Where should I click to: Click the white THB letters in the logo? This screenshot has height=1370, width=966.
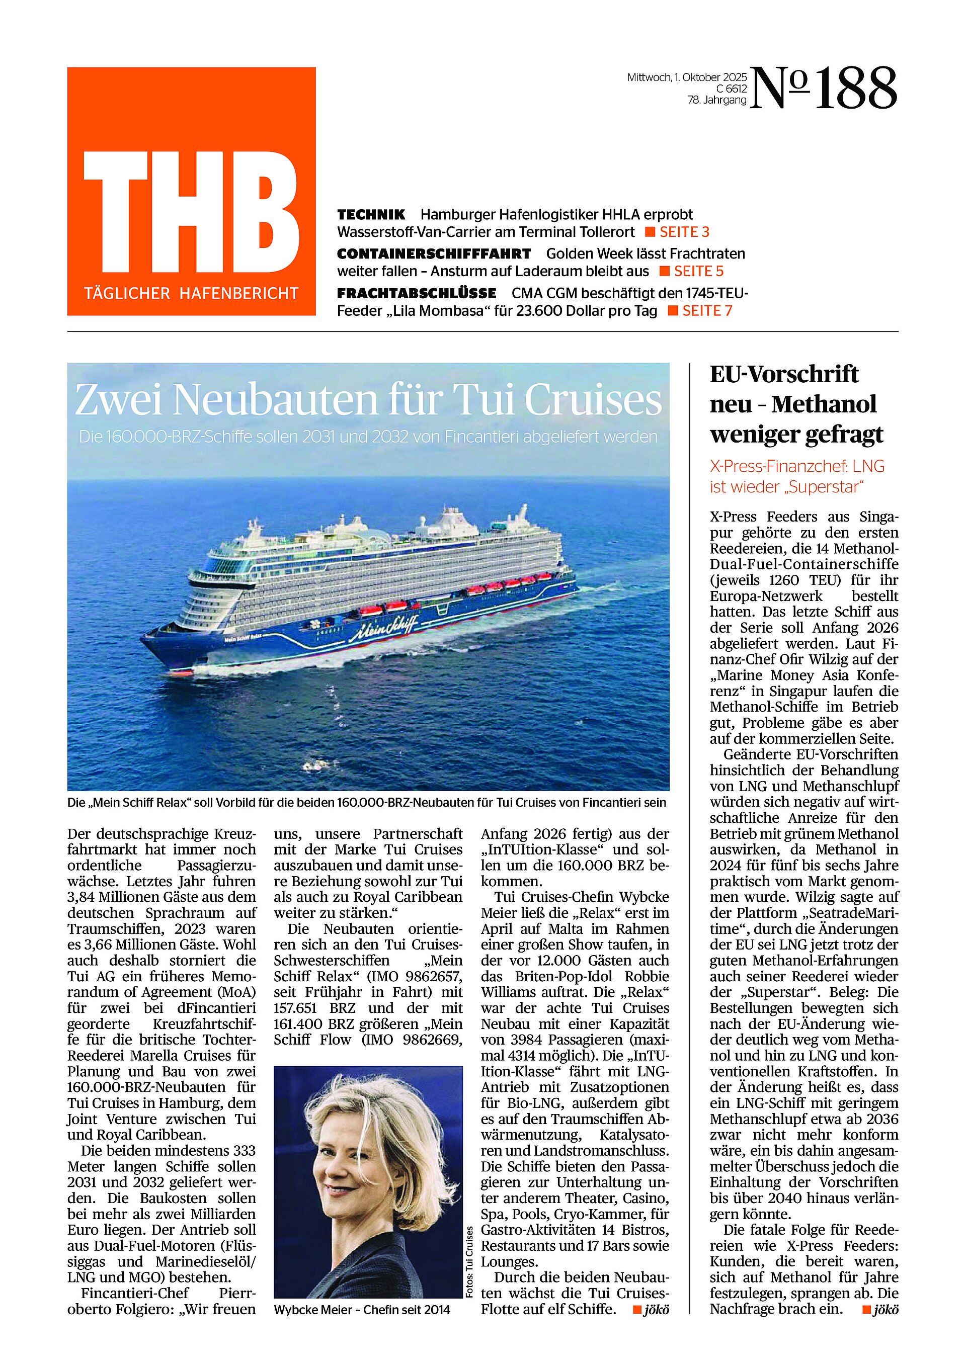(191, 212)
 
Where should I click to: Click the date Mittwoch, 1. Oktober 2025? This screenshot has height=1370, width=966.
(687, 77)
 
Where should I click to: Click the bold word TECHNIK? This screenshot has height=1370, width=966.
(371, 214)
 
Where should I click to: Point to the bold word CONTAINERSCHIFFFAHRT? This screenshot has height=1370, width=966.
(434, 253)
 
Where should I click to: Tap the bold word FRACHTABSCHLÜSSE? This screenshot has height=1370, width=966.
(416, 293)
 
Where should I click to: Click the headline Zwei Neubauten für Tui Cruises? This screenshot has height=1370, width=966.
(368, 400)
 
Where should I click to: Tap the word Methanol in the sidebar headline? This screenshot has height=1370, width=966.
(824, 404)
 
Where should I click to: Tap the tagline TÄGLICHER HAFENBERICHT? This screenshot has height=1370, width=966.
(191, 294)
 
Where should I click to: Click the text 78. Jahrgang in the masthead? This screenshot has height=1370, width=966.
(716, 100)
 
